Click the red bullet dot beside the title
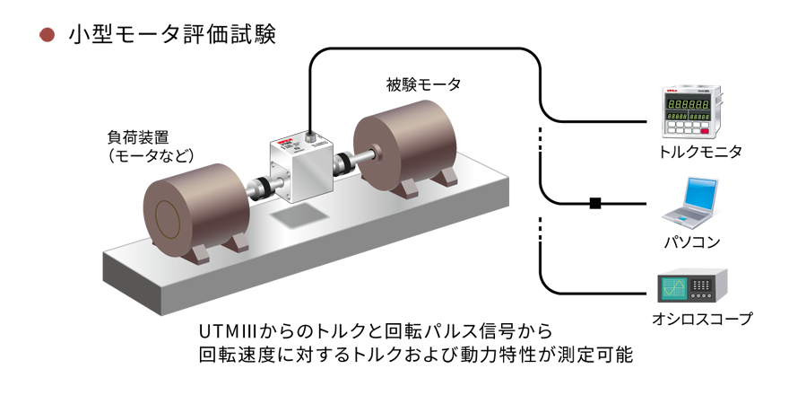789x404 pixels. pyautogui.click(x=47, y=35)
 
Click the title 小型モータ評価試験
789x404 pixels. pyautogui.click(x=172, y=35)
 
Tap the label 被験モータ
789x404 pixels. pyautogui.click(x=423, y=84)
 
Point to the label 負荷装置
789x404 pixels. pyautogui.click(x=138, y=137)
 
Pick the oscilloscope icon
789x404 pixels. pyautogui.click(x=692, y=288)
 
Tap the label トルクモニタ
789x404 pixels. pyautogui.click(x=700, y=152)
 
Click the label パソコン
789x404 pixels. pyautogui.click(x=692, y=242)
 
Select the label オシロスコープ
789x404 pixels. pyautogui.click(x=702, y=319)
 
